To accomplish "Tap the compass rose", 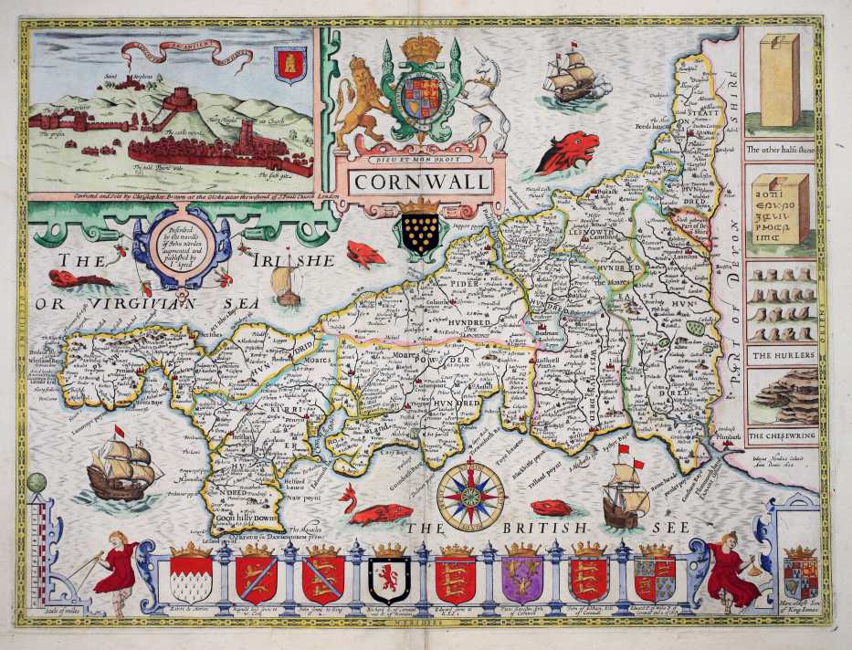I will (x=470, y=497).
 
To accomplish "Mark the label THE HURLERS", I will (x=777, y=353).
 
